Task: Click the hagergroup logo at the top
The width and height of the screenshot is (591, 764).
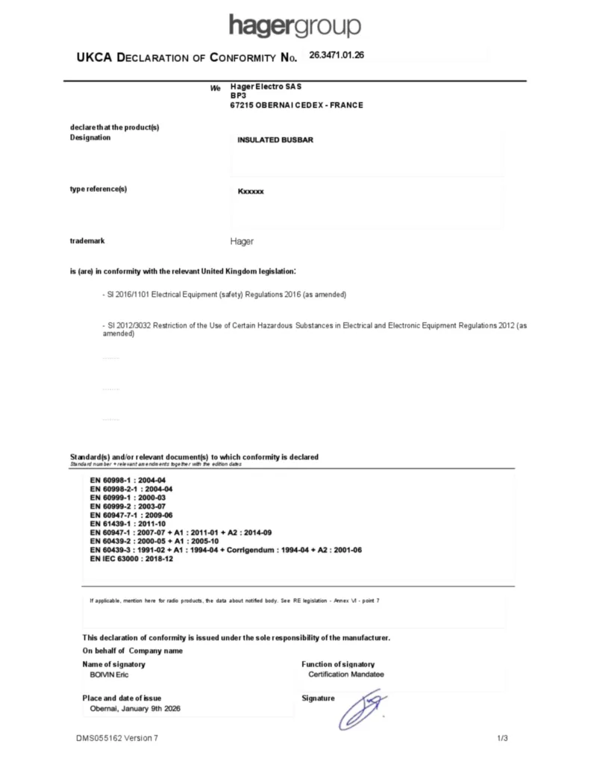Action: (295, 26)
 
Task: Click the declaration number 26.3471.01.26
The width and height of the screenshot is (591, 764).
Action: (336, 55)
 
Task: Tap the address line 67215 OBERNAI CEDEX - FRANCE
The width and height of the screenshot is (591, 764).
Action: (297, 105)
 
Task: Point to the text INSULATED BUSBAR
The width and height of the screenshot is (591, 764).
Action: (275, 140)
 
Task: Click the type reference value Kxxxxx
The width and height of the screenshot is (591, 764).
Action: (251, 192)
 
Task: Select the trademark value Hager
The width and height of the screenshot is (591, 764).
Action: (242, 242)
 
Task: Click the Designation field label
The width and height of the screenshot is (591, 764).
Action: (90, 137)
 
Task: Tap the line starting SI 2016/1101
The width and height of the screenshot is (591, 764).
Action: (224, 295)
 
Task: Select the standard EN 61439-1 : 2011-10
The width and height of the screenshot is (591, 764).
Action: (128, 525)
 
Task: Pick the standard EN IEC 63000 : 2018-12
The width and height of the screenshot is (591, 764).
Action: (131, 559)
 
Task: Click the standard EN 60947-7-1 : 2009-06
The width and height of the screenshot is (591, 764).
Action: (131, 516)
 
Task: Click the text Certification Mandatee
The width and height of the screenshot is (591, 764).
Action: (346, 674)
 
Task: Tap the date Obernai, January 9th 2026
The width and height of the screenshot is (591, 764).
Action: (135, 709)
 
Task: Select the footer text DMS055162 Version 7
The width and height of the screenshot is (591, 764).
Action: (117, 739)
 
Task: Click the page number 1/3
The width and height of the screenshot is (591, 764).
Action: (502, 739)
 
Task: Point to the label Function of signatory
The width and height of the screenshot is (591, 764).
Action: (338, 664)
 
